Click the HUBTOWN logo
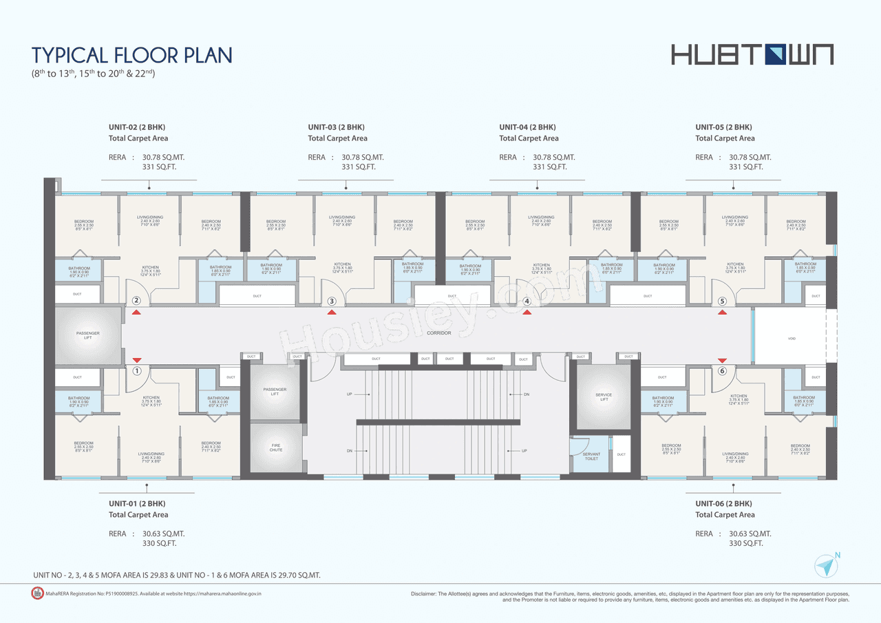click(752, 54)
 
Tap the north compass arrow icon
click(827, 565)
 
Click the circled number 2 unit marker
click(136, 301)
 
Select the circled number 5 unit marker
click(722, 301)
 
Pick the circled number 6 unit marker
click(722, 371)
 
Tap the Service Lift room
click(604, 397)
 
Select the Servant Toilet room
click(591, 456)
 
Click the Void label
click(792, 339)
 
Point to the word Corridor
click(438, 332)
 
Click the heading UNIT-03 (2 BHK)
click(336, 127)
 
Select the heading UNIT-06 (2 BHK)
click(723, 503)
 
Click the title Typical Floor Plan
click(132, 55)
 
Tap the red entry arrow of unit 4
click(527, 313)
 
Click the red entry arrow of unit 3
click(332, 313)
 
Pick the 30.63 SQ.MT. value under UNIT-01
click(163, 534)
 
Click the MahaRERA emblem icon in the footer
click(38, 593)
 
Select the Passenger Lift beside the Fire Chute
click(275, 392)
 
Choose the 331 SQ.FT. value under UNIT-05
click(745, 167)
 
